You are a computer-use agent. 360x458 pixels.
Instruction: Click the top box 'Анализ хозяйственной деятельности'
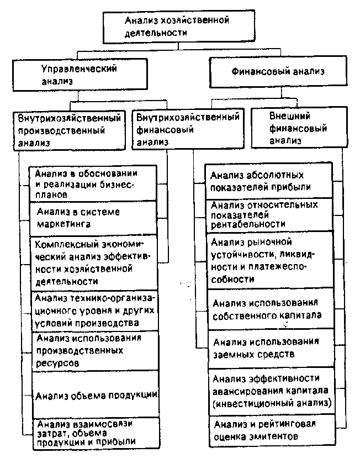pos(179,27)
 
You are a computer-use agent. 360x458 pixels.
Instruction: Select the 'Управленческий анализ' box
pos(80,75)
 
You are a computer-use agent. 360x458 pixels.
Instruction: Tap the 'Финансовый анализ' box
pos(278,72)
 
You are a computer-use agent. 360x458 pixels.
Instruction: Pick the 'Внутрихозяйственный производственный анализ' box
pos(69,130)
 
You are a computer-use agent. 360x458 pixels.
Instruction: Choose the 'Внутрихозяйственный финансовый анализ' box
pos(188,129)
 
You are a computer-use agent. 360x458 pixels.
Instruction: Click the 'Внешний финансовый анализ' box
pos(299,128)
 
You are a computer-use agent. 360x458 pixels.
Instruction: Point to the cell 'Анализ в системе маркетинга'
pos(93,218)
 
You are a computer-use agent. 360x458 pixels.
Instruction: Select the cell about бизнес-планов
pos(93,184)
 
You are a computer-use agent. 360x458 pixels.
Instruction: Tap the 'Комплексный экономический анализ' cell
pos(94,263)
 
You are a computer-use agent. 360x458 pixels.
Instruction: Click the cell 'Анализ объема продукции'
pos(96,395)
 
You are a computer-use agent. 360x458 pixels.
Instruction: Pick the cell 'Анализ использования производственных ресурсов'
pos(95,351)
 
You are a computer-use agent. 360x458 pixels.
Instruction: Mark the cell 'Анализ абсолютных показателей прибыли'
pos(269,181)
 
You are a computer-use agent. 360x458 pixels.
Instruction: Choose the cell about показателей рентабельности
pos(269,215)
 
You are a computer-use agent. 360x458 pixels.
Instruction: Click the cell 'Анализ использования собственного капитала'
pos(271,309)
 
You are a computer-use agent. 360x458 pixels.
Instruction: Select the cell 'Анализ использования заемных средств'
pos(271,349)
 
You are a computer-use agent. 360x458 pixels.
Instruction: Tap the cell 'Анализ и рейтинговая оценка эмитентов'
pos(272,431)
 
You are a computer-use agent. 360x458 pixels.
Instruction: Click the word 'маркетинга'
pos(64,224)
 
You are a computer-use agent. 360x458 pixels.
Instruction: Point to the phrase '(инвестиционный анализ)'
pos(272,403)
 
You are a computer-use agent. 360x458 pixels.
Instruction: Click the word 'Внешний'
pos(290,116)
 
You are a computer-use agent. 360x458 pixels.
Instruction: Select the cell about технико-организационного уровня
pos(95,311)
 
